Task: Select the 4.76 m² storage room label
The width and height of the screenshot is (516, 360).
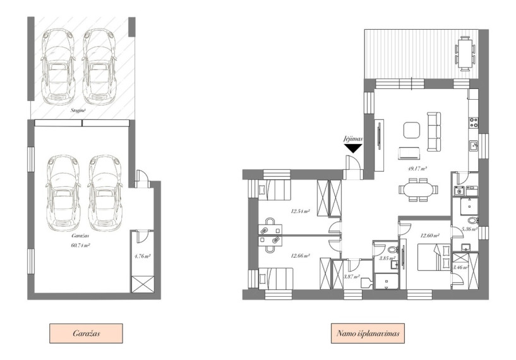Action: pos(143,256)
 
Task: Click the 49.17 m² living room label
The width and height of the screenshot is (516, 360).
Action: pos(417,169)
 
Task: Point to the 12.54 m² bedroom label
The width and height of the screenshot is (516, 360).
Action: pos(301,211)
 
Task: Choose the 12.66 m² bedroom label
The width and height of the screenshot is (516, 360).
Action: pos(300,256)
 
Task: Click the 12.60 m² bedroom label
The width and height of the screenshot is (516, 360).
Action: pos(430,236)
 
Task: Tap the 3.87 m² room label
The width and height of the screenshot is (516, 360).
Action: pos(351,277)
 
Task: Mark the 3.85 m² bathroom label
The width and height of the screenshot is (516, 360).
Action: pos(387,258)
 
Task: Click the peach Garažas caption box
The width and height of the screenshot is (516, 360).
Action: pos(87,333)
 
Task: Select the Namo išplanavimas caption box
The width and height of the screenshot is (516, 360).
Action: pos(368,333)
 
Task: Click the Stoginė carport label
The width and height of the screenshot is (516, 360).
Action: pos(78,111)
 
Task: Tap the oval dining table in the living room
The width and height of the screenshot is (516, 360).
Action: pos(418,190)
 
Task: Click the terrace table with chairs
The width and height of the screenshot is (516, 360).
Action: pos(465,54)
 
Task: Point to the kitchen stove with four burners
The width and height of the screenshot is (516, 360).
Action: pos(474,123)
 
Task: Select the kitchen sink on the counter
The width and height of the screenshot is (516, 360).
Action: pos(474,145)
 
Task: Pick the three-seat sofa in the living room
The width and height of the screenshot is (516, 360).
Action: pos(434,132)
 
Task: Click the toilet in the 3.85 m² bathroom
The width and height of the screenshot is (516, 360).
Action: pos(393,248)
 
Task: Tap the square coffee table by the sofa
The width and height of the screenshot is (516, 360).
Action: pos(412,130)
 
